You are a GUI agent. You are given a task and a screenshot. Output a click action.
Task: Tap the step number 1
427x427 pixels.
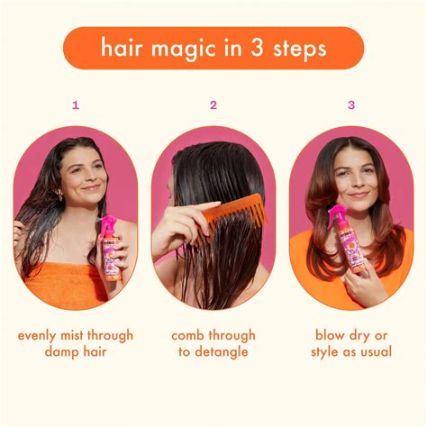coord(76,104)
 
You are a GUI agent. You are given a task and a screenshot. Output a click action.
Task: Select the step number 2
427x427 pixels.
coord(213,104)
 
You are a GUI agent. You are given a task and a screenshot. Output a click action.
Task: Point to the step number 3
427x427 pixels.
coord(351,104)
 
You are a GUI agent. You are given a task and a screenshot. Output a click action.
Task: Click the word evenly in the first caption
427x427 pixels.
coord(41,335)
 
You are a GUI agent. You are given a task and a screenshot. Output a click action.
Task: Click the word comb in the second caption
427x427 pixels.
coord(191,335)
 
